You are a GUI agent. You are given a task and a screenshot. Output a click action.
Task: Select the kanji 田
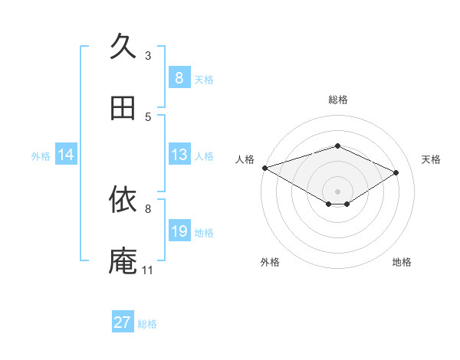click(123, 108)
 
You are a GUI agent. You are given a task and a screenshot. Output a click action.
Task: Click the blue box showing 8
click(179, 78)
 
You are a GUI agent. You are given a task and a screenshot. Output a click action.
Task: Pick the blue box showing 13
click(179, 155)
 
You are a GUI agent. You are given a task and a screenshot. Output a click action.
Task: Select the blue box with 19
click(179, 231)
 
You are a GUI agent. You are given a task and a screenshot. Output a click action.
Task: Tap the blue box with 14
click(66, 155)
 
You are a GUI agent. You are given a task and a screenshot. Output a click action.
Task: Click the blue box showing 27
click(123, 322)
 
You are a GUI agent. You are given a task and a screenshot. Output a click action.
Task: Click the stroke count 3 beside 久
click(148, 55)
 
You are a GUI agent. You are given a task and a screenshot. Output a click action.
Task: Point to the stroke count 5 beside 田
click(148, 117)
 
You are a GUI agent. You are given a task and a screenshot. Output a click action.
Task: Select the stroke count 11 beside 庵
click(147, 270)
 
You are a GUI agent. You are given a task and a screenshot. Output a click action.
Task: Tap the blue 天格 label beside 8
click(204, 79)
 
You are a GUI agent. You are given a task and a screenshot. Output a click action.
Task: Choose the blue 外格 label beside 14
click(41, 155)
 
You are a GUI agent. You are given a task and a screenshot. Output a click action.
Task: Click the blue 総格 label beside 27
click(147, 323)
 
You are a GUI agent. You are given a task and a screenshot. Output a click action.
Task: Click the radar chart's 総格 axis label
click(337, 100)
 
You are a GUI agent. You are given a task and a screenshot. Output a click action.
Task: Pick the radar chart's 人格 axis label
click(245, 159)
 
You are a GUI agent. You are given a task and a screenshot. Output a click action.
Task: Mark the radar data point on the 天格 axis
click(396, 173)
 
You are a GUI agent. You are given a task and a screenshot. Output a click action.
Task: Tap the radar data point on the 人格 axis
click(264, 168)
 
